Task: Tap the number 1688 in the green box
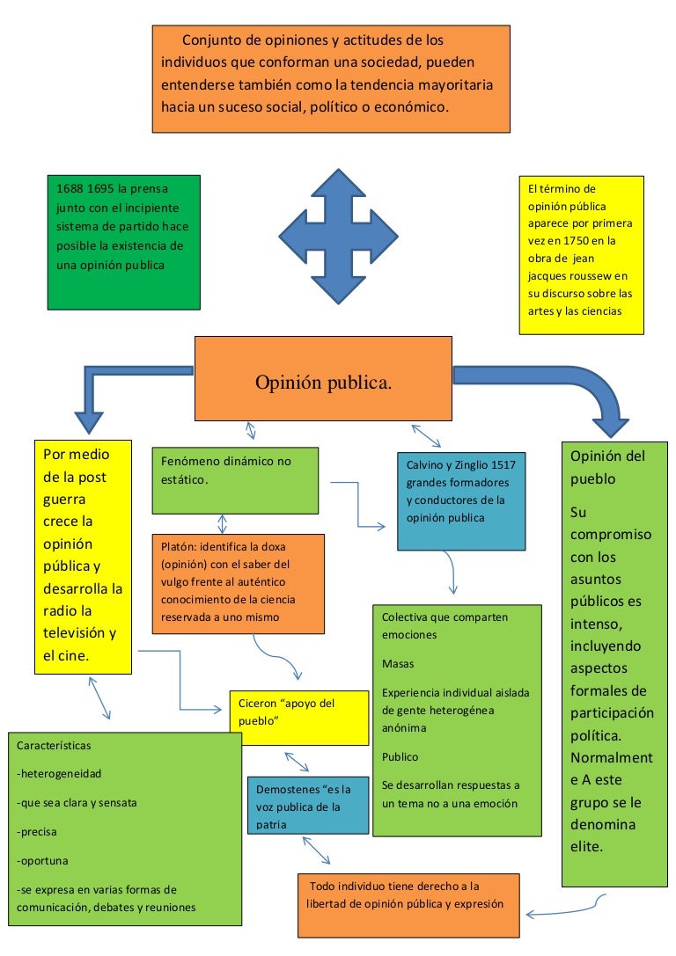[70, 189]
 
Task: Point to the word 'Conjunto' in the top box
[209, 40]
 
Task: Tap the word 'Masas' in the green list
[397, 663]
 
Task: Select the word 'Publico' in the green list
[400, 756]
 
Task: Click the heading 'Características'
[54, 746]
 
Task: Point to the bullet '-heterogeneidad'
[59, 775]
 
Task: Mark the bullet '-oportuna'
[42, 860]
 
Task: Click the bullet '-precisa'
[39, 832]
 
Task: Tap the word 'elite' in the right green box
[586, 848]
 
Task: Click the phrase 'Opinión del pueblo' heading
[607, 467]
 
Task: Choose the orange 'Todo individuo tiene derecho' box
[408, 904]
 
